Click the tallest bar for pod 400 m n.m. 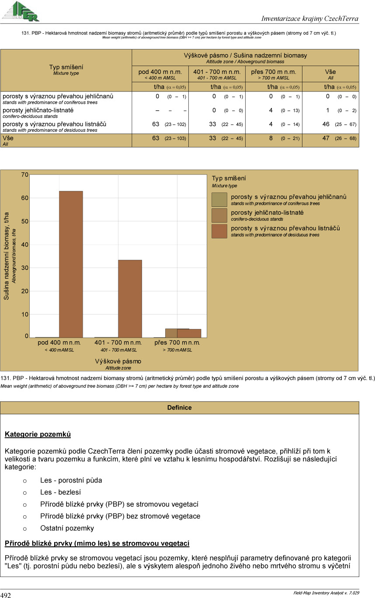point(71,264)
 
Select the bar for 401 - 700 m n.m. point(130,298)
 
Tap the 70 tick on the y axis point(25,175)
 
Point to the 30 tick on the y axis point(25,268)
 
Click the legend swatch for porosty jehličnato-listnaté point(219,215)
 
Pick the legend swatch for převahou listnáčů point(219,231)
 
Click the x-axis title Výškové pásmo point(118,361)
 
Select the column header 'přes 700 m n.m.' point(274,72)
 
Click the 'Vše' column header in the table point(330,72)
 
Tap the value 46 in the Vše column point(326,124)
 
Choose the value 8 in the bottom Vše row point(271,138)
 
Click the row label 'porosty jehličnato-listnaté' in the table point(38,110)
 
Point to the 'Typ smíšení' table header point(66,67)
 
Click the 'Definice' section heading point(179,408)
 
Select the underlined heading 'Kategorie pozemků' point(38,434)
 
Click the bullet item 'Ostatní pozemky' point(67,528)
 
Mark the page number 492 point(6,595)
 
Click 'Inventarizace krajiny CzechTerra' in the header point(309,18)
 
